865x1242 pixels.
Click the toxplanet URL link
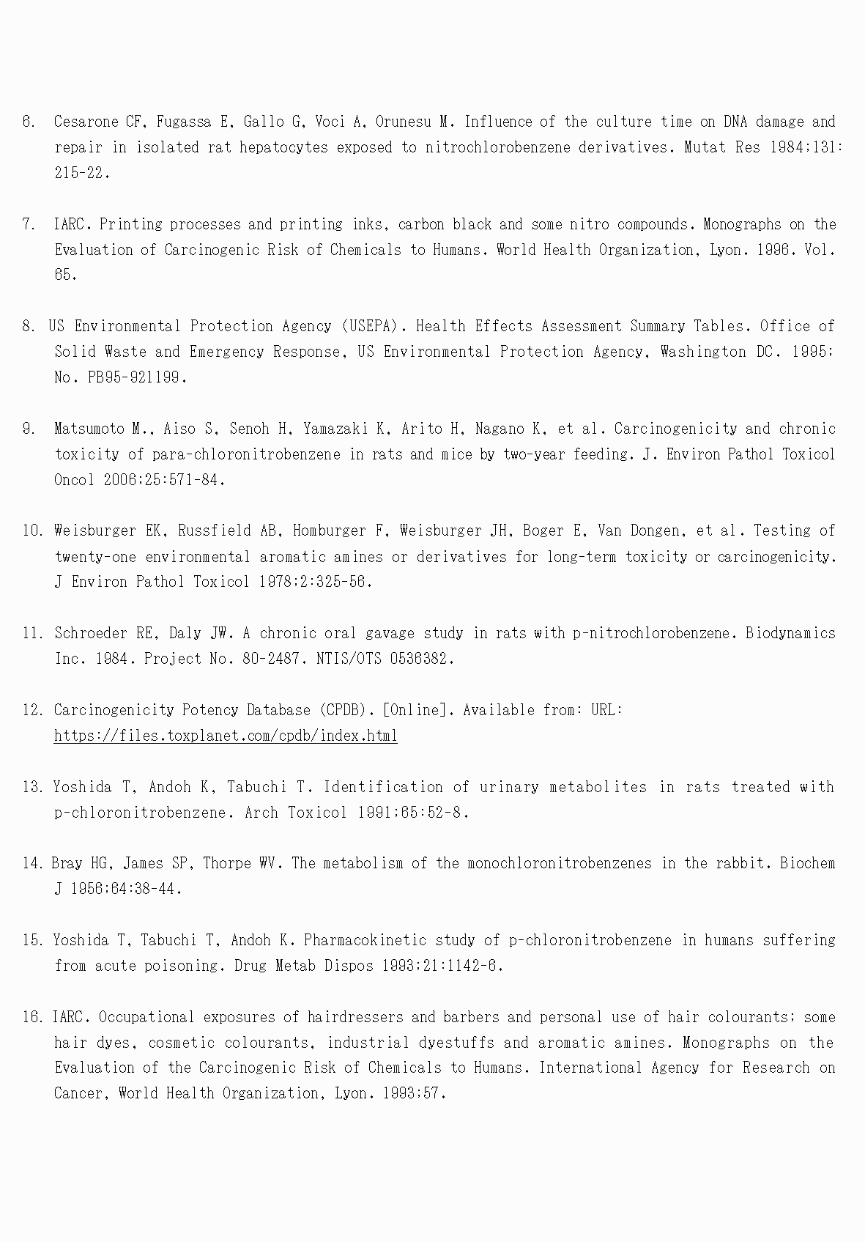[x=226, y=736]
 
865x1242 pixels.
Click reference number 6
[x=29, y=122]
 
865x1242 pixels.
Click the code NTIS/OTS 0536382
[x=385, y=658]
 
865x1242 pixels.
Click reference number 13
[x=33, y=787]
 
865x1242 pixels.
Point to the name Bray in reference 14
[x=67, y=863]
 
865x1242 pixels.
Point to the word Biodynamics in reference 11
[x=790, y=633]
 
